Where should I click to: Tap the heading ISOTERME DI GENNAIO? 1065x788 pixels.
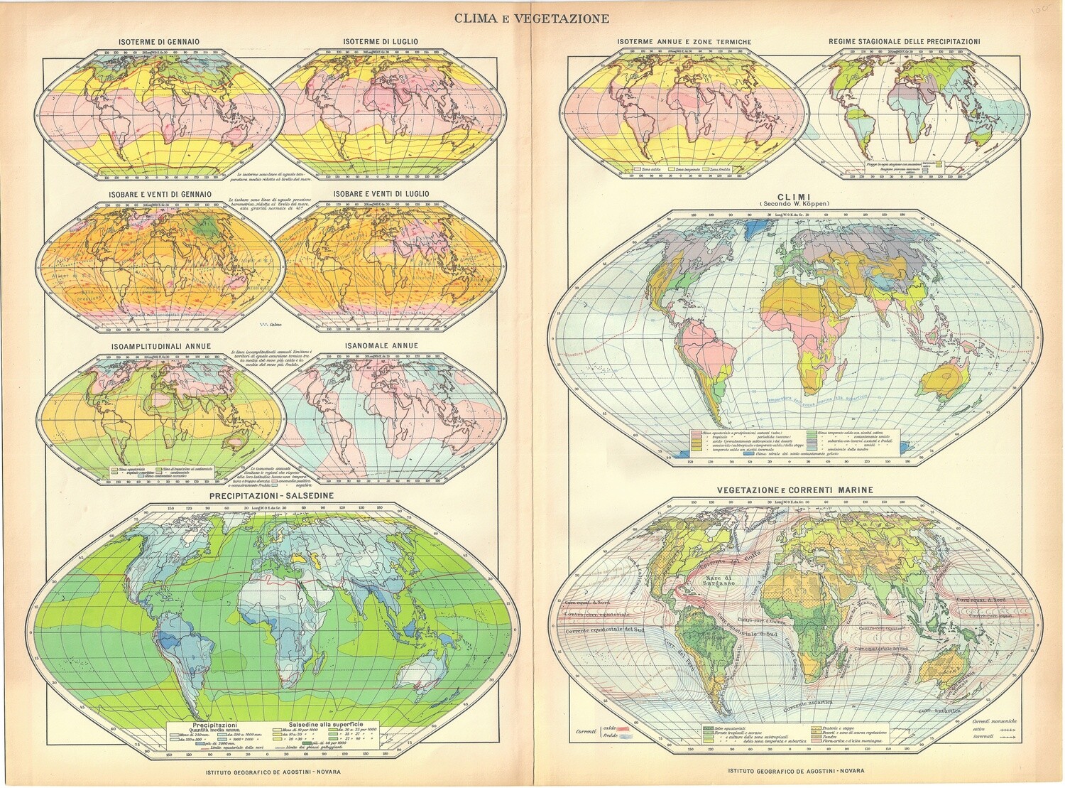[158, 42]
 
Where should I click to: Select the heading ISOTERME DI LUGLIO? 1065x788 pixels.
[381, 42]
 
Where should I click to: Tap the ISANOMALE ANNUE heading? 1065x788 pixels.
[381, 346]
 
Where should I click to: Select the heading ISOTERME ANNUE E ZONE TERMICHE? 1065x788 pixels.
[684, 42]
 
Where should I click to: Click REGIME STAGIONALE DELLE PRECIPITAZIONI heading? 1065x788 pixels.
[905, 42]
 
